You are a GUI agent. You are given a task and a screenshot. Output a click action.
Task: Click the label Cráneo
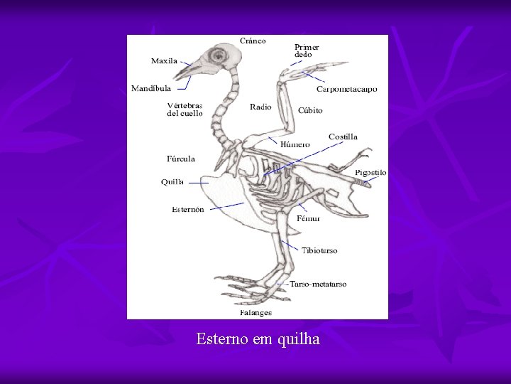click(253, 41)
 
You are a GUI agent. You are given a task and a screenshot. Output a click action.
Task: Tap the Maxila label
click(164, 61)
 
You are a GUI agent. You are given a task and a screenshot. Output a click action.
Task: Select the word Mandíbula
click(150, 89)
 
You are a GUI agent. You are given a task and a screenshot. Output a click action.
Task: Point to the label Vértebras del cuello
click(185, 109)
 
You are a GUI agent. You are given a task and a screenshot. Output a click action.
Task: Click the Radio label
click(260, 107)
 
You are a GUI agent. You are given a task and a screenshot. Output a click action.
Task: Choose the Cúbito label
click(310, 110)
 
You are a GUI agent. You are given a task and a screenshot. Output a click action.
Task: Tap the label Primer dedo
click(307, 50)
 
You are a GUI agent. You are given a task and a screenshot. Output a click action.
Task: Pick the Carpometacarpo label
click(347, 90)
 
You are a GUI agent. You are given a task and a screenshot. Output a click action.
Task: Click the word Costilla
click(343, 137)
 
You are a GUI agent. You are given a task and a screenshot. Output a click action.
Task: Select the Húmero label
click(295, 144)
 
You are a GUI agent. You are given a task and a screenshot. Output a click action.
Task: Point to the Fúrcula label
click(180, 159)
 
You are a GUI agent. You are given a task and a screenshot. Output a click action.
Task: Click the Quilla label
click(172, 182)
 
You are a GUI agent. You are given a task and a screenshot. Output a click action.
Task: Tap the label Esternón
click(188, 210)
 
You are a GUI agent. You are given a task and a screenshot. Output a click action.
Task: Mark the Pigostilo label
click(371, 173)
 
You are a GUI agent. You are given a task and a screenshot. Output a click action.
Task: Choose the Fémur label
click(308, 218)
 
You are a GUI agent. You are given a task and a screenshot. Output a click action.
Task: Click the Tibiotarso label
click(320, 250)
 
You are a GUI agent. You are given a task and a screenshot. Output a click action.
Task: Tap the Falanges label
click(255, 312)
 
